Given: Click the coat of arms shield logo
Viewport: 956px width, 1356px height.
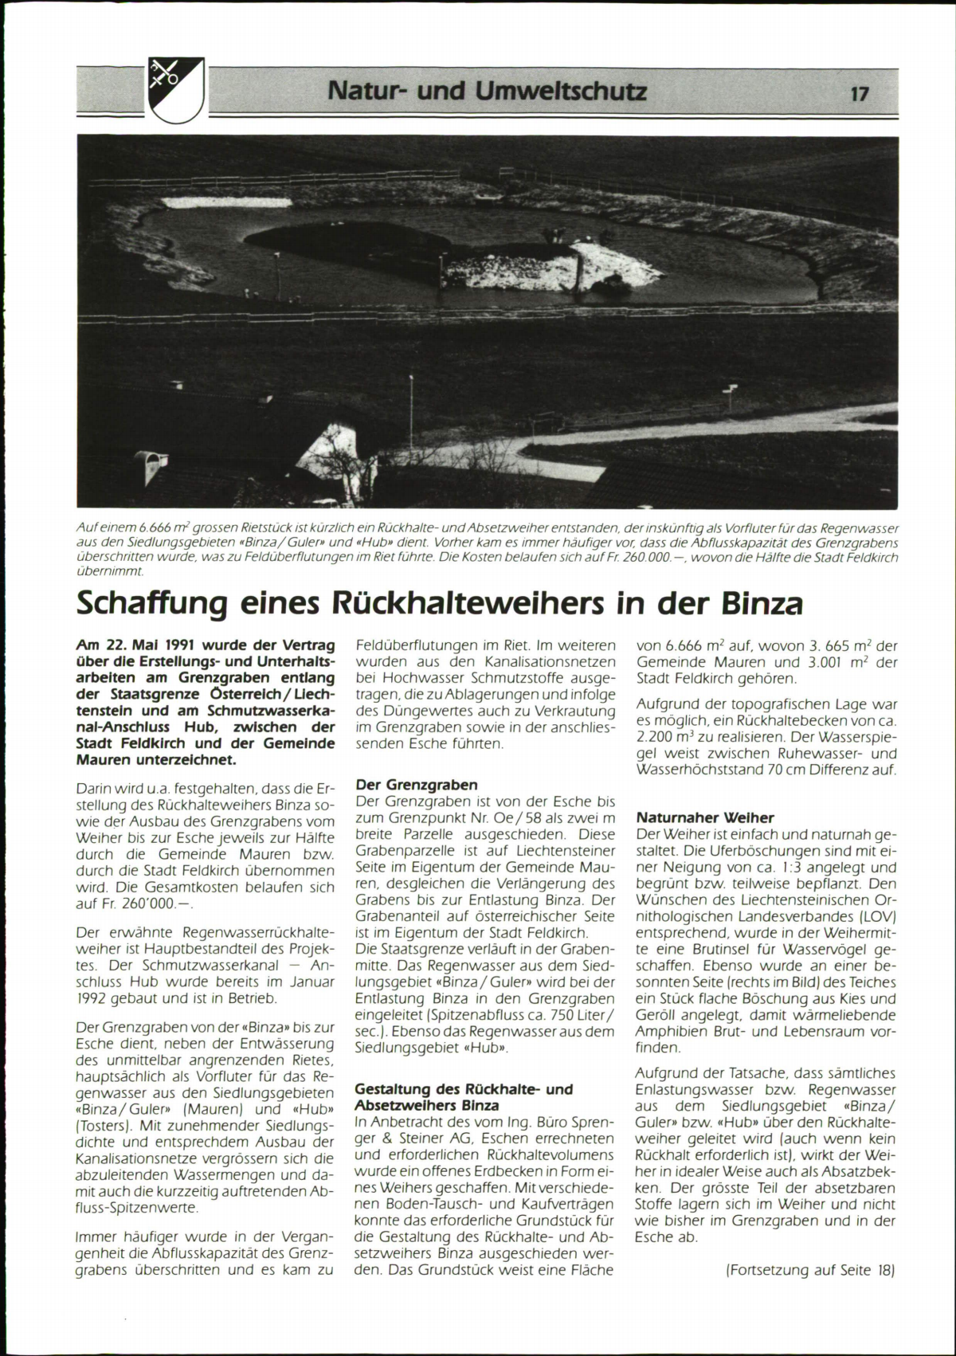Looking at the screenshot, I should (176, 90).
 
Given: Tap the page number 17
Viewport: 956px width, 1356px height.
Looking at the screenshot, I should (859, 94).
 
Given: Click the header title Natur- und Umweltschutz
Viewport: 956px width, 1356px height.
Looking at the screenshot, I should (487, 92).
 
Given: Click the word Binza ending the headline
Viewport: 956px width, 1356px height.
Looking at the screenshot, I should (762, 604).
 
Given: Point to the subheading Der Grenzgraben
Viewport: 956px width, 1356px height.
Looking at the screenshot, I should (416, 785).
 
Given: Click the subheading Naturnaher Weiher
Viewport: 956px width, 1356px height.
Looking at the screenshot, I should (705, 817).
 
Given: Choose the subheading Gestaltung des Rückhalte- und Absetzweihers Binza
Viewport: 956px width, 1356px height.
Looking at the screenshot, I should (463, 1097).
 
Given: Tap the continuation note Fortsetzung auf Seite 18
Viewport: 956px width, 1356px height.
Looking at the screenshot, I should (811, 1270).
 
